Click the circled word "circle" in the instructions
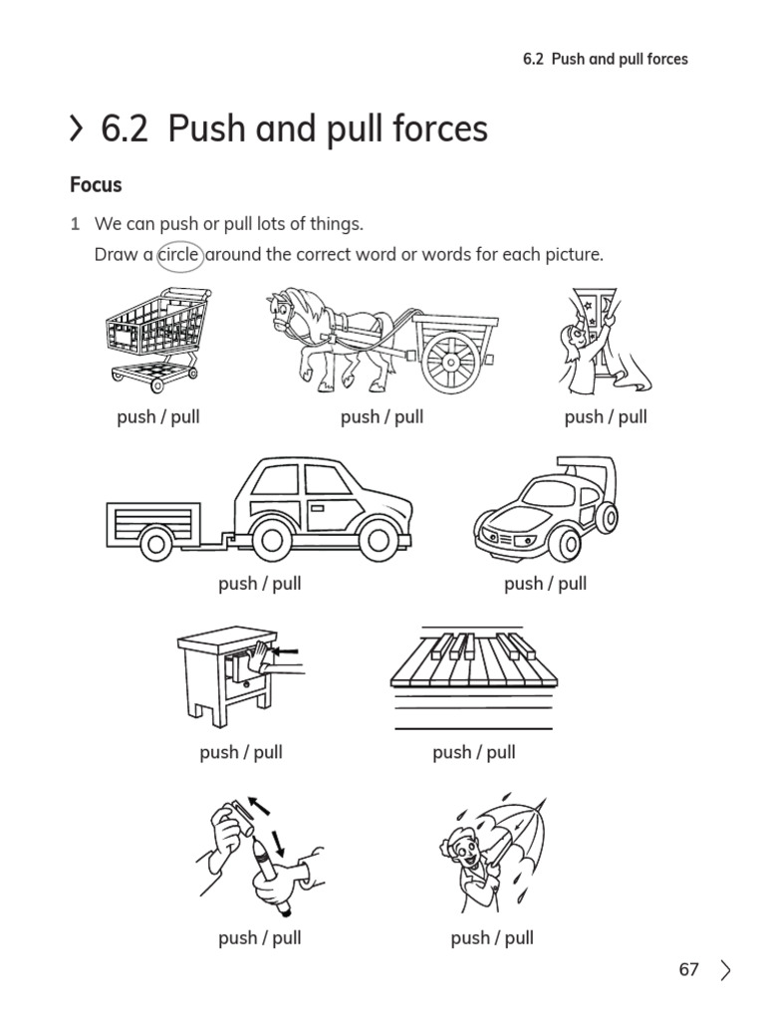(179, 255)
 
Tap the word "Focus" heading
(96, 185)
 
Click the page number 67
(688, 969)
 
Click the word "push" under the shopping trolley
(136, 416)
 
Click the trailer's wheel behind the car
(155, 543)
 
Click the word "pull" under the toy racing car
(572, 584)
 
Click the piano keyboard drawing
(472, 662)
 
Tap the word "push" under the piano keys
(451, 752)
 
